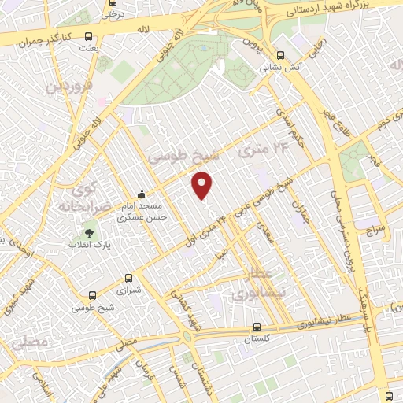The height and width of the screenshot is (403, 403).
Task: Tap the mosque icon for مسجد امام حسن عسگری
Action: (x=142, y=194)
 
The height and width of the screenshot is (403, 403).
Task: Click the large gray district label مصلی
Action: (x=30, y=343)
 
